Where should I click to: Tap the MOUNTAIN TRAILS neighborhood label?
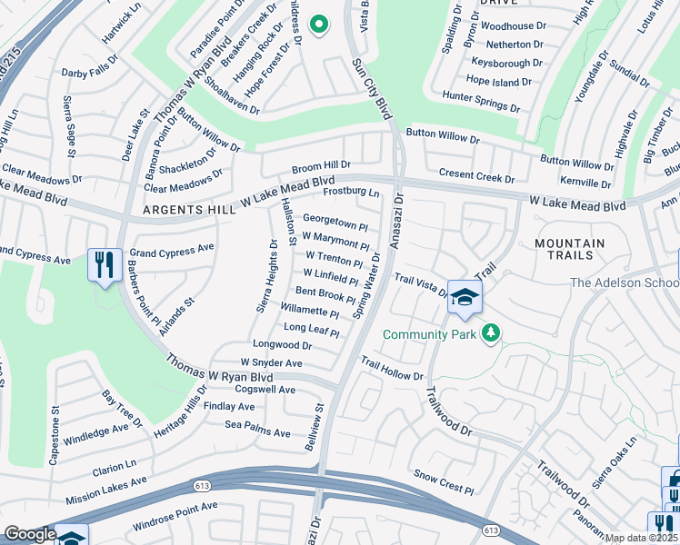(x=569, y=251)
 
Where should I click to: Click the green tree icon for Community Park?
(x=491, y=333)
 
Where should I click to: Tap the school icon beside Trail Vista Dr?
(x=465, y=297)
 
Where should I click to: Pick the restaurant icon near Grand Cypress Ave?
(x=105, y=265)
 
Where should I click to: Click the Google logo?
(x=30, y=534)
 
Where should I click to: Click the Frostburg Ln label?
(x=352, y=193)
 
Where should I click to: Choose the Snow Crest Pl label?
(x=444, y=482)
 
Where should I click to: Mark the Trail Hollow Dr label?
(x=392, y=369)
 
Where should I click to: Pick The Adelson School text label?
(x=624, y=283)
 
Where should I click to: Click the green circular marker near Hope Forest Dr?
(x=318, y=25)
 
